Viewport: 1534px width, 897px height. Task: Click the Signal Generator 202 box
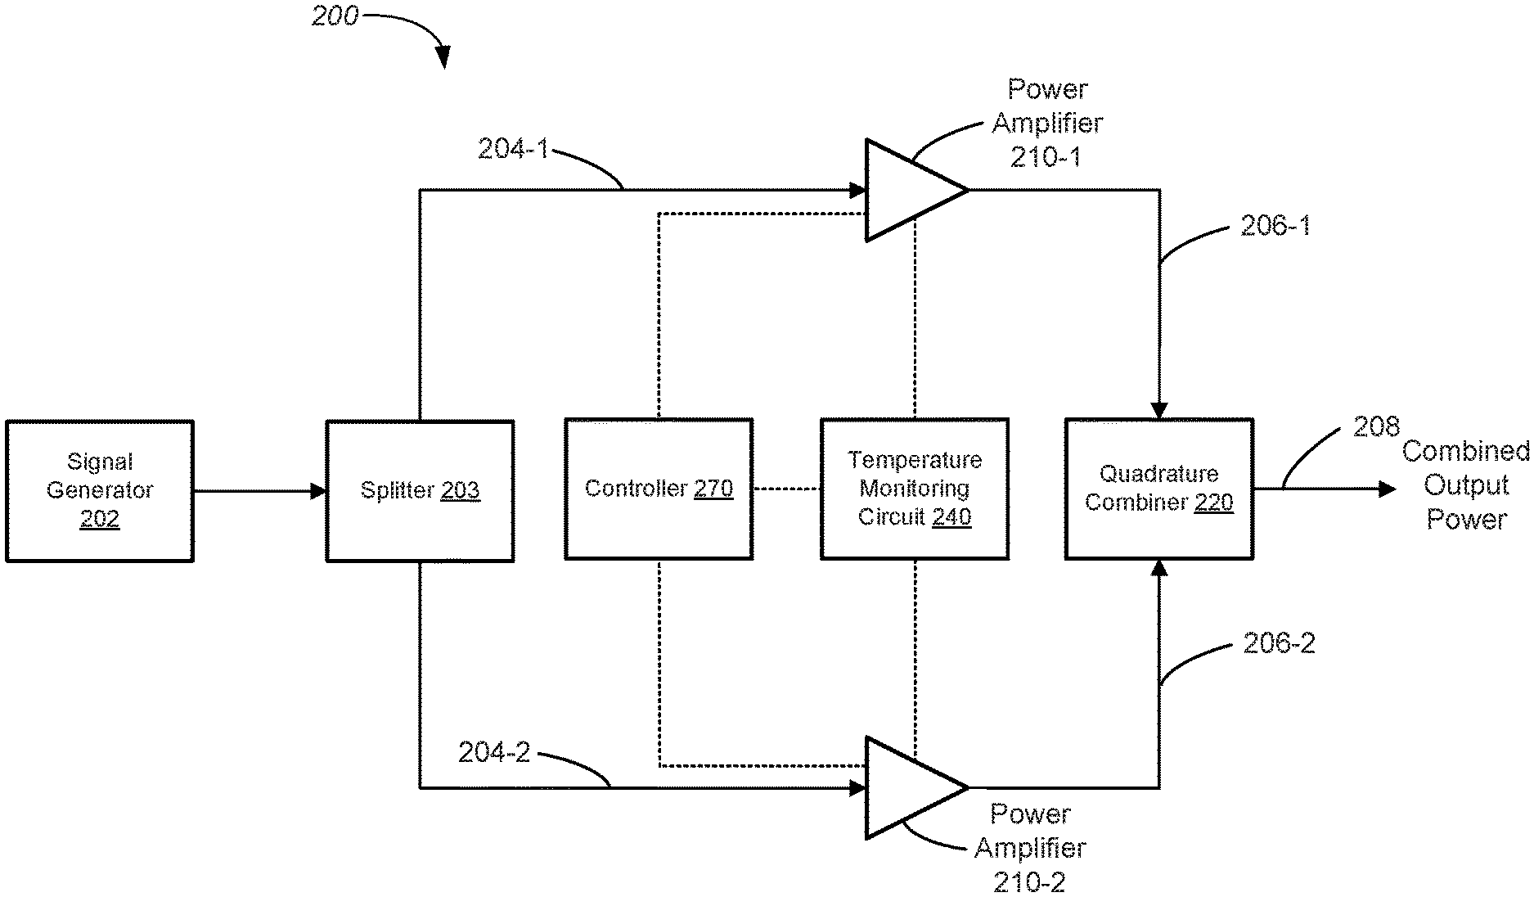click(100, 490)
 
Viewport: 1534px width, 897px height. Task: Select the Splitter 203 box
click(420, 490)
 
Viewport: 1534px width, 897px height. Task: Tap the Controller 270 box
click(659, 489)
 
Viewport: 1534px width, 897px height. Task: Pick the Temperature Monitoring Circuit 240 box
click(914, 489)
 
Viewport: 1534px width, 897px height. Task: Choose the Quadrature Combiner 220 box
click(1158, 489)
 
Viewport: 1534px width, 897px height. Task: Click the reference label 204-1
click(513, 149)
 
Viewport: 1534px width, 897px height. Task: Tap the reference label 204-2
click(494, 752)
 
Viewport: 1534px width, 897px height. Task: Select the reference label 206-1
click(1275, 226)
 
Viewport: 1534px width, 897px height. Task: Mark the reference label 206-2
click(1279, 643)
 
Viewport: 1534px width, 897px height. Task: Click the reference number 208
click(1376, 426)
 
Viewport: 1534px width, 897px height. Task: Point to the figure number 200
click(335, 16)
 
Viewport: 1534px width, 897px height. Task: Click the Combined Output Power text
click(1466, 485)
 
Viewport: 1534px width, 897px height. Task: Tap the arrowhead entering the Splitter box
click(318, 491)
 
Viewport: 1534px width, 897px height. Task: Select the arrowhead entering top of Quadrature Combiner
click(1159, 410)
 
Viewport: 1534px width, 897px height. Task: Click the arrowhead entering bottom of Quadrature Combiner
click(1159, 568)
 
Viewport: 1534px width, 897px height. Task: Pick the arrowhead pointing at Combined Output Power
click(1387, 489)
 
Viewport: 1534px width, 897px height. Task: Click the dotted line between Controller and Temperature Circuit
click(786, 489)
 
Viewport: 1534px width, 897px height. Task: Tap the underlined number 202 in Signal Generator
click(100, 519)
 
